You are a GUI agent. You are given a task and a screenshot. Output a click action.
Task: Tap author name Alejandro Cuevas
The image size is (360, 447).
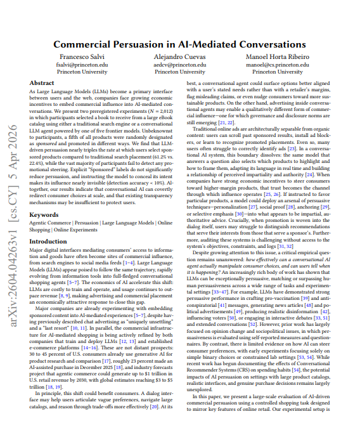coord(180,57)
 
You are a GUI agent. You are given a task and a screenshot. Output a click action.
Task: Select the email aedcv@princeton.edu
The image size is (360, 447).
coord(180,65)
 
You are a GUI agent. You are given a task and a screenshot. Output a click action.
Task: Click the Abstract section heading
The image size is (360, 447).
coord(42,83)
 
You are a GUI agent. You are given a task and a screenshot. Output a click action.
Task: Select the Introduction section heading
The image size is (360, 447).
coord(49,224)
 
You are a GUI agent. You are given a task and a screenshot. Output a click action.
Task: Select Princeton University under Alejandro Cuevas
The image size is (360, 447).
coord(180,72)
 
